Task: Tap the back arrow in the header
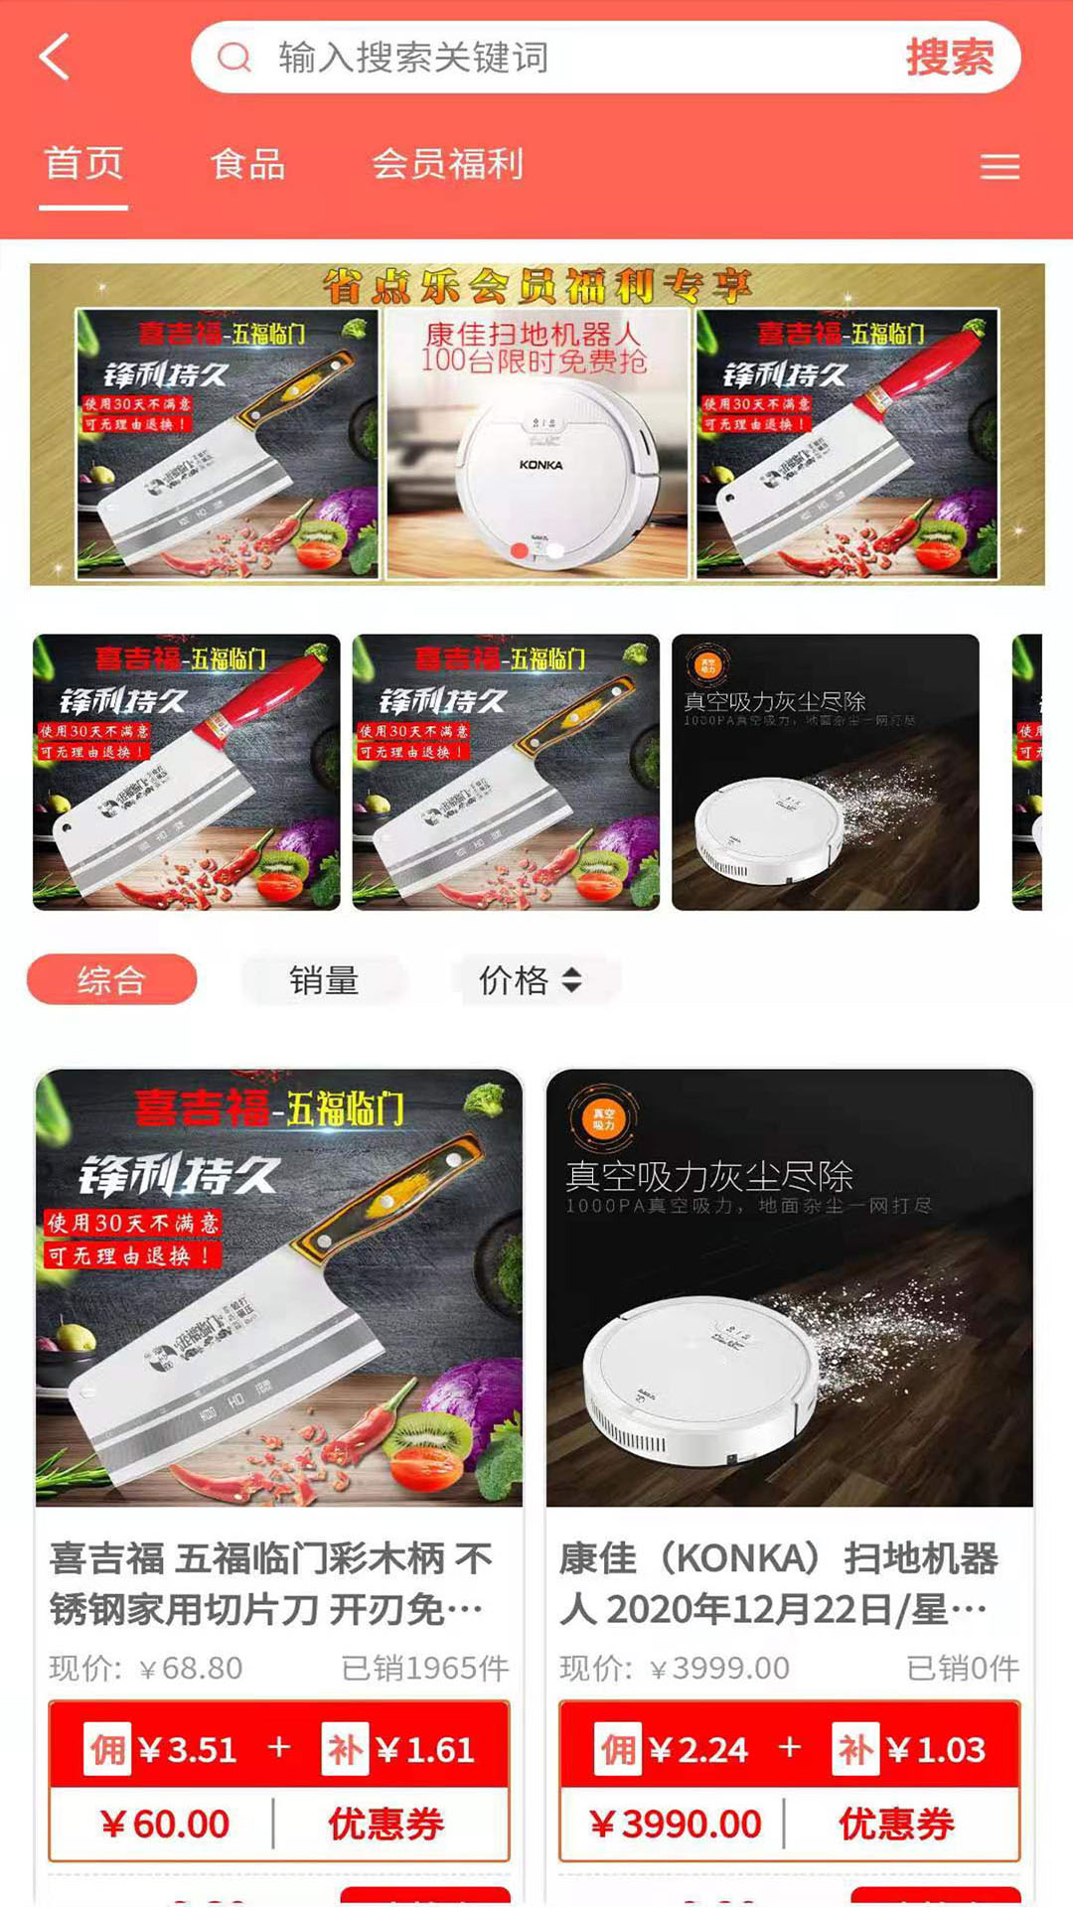tap(55, 57)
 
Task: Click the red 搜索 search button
tap(949, 58)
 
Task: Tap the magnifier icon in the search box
tap(234, 58)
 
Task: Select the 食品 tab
tap(248, 164)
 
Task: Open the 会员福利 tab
tap(447, 164)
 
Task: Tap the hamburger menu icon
tap(999, 167)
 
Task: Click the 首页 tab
tap(83, 164)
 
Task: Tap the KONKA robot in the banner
tap(537, 467)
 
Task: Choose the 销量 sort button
tap(324, 980)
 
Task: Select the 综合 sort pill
tap(111, 980)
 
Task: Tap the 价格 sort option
tap(530, 980)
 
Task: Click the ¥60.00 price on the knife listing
tap(165, 1824)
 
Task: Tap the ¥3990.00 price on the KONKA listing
tap(676, 1824)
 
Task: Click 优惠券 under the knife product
tap(386, 1824)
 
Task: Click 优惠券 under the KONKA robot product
tap(896, 1824)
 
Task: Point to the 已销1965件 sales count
tap(424, 1668)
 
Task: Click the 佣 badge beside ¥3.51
tap(107, 1749)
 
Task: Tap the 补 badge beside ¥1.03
tap(855, 1749)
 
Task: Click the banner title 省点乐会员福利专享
tap(536, 286)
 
